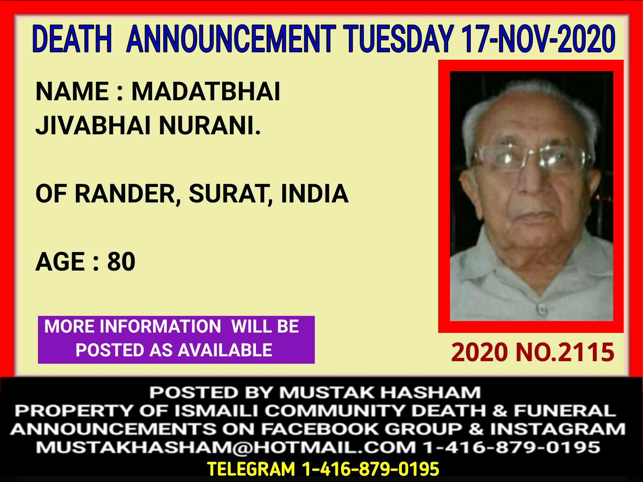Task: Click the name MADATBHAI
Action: [x=206, y=92]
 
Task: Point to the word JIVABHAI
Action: [x=93, y=125]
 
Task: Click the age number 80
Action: [x=121, y=262]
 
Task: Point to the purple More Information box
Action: [x=176, y=340]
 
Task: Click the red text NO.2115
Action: [x=565, y=352]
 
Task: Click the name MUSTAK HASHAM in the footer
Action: [x=380, y=392]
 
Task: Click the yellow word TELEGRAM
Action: [x=251, y=469]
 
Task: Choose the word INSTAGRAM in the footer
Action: [x=558, y=429]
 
